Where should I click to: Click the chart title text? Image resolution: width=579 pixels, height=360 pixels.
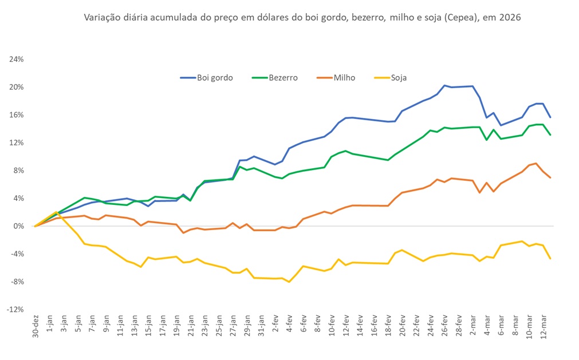click(x=302, y=18)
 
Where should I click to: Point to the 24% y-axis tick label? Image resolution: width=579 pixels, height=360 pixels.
click(x=15, y=60)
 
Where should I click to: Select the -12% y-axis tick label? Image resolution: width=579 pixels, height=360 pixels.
click(x=14, y=310)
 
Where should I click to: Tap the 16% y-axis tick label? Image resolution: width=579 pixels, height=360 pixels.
click(x=15, y=115)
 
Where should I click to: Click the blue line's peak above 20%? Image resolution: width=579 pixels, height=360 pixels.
click(x=444, y=85)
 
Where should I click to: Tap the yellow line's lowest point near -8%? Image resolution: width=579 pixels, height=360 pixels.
click(x=289, y=282)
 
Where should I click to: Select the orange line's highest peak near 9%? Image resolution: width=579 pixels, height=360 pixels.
click(x=535, y=163)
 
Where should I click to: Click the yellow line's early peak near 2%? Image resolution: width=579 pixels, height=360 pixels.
click(x=56, y=212)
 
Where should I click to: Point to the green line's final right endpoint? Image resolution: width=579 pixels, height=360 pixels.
click(x=550, y=135)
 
